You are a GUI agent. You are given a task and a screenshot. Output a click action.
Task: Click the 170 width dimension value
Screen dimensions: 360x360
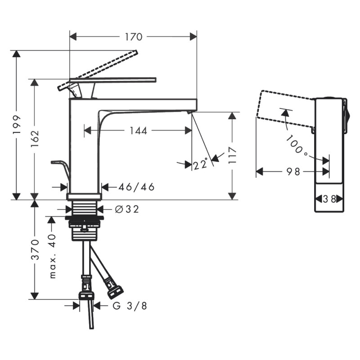point(134,37)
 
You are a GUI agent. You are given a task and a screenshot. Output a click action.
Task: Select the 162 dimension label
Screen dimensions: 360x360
point(35,139)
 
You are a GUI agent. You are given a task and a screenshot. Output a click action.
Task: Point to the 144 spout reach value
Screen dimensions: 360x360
point(139,131)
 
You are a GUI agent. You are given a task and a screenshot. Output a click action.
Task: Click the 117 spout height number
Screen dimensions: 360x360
point(233,155)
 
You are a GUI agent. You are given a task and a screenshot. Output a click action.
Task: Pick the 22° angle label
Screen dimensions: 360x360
point(201,164)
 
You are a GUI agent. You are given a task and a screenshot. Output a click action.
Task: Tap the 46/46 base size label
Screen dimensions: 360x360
point(136,187)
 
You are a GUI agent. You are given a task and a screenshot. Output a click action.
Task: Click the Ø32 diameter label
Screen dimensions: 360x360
point(127,209)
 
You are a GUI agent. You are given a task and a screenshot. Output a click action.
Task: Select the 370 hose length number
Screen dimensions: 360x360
point(35,249)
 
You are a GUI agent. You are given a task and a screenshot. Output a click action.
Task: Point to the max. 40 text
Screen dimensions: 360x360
point(53,256)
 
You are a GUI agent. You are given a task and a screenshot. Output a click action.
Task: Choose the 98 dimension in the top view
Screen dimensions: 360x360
point(293,171)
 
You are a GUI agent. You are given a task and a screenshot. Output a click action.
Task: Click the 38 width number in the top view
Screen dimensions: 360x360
point(329,199)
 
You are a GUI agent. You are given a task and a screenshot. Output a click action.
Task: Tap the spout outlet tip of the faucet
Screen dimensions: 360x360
point(189,112)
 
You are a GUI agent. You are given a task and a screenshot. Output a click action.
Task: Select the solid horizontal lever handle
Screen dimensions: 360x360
point(112,80)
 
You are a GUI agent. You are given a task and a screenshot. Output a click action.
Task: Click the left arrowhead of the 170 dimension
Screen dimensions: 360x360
point(73,37)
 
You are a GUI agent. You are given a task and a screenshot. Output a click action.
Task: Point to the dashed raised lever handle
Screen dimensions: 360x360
point(98,70)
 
